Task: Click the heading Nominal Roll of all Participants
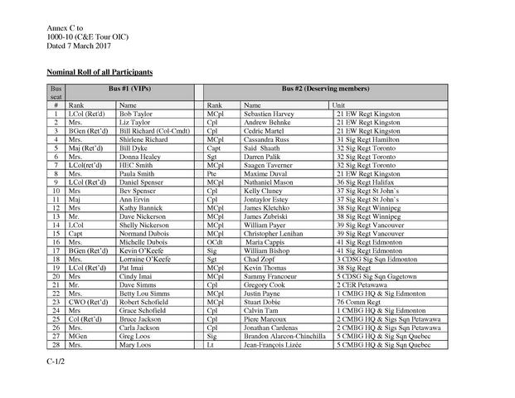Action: (99, 73)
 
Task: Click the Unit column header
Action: (338, 105)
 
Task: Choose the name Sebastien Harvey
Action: (270, 114)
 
